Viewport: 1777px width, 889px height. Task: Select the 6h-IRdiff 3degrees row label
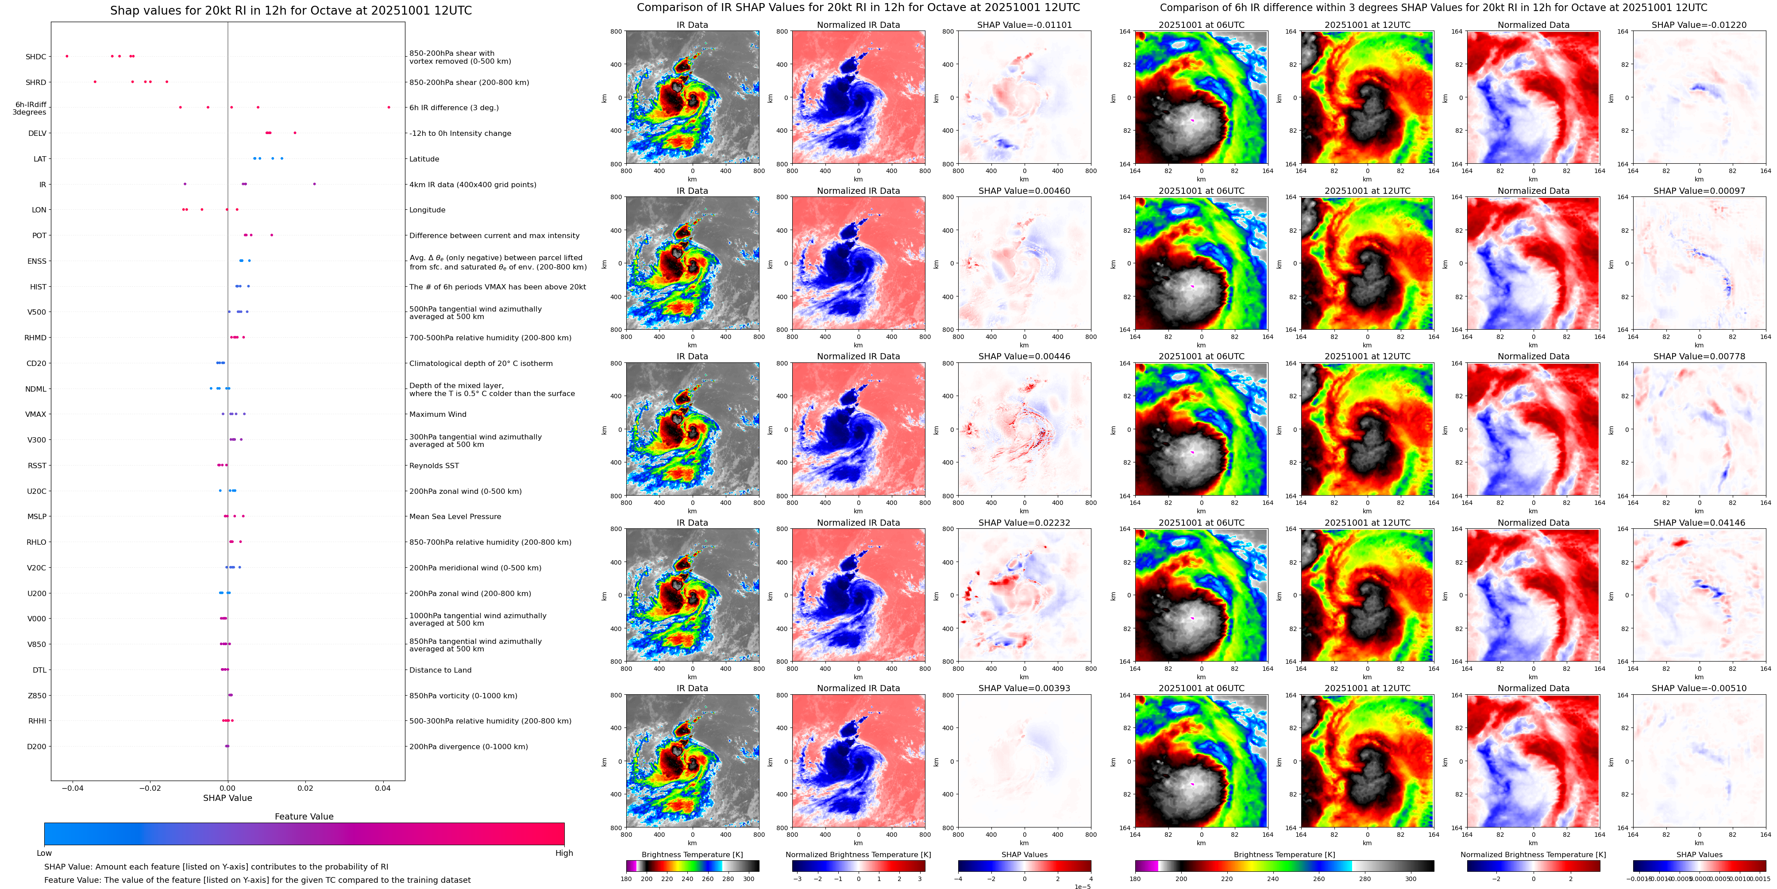31,108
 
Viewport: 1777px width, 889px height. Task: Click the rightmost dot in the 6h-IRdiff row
389,108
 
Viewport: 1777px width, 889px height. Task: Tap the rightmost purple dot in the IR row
315,184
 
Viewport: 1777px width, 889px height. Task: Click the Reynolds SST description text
434,466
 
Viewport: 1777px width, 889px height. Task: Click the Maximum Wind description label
437,415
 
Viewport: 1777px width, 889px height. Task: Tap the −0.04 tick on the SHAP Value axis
73,788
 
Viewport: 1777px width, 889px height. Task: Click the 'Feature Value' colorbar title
304,816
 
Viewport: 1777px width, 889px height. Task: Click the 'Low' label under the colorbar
44,853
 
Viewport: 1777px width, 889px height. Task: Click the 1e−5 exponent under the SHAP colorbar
1082,886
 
